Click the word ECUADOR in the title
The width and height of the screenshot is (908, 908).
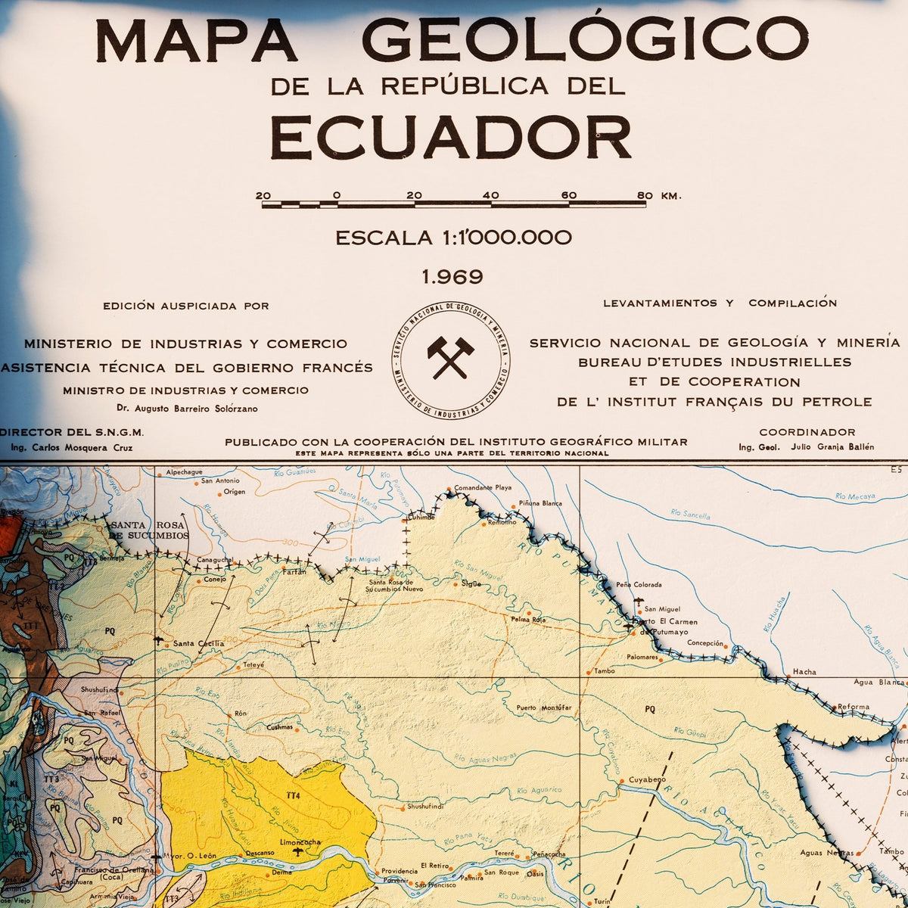pyautogui.click(x=451, y=138)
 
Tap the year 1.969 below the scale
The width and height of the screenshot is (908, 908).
pyautogui.click(x=452, y=277)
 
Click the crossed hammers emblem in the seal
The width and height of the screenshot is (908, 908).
pyautogui.click(x=451, y=358)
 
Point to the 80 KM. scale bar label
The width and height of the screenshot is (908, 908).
pyautogui.click(x=659, y=195)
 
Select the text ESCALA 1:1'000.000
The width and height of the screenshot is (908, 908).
pyautogui.click(x=453, y=238)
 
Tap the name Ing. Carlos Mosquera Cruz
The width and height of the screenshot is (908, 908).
pyautogui.click(x=72, y=447)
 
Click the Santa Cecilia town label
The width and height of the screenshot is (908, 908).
pyautogui.click(x=198, y=643)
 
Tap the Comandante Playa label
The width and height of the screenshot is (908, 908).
pyautogui.click(x=483, y=488)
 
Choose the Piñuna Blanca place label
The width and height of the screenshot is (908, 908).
pyautogui.click(x=541, y=503)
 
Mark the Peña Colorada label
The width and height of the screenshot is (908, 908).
pyautogui.click(x=639, y=585)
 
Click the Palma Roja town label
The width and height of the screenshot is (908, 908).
pyautogui.click(x=528, y=619)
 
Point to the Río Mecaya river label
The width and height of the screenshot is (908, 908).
pyautogui.click(x=855, y=496)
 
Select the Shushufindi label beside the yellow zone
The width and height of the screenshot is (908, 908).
pyautogui.click(x=428, y=807)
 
